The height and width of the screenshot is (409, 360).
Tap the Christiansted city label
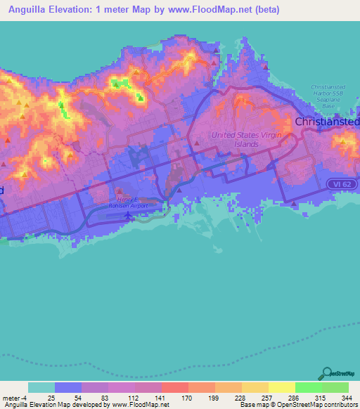[x=328, y=122]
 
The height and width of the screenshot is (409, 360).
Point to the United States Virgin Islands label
[x=236, y=139]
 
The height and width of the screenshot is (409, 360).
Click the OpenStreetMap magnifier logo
[x=328, y=373]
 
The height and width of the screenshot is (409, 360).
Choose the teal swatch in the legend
[x=41, y=387]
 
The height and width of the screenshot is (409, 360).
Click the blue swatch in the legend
[x=68, y=387]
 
